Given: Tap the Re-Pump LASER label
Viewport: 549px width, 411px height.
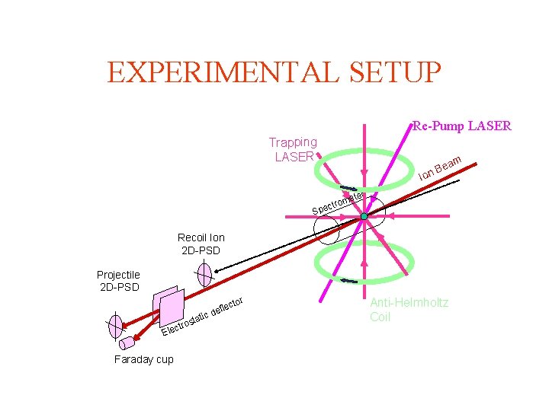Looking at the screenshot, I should pos(462,126).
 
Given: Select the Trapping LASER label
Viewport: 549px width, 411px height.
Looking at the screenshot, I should pos(293,149).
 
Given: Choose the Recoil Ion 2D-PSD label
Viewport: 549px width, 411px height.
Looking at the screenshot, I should pos(201,244).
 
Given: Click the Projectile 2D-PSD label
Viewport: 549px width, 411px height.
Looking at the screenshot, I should pos(118,281).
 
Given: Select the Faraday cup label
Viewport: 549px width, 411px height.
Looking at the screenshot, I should pos(143,359).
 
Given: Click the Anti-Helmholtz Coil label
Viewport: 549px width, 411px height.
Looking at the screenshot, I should pos(409,310).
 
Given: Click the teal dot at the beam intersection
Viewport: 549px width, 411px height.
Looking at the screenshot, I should pos(364,218).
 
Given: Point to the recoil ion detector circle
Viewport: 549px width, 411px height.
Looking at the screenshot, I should pos(204,274).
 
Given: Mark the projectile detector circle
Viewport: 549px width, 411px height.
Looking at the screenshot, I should pos(115,325).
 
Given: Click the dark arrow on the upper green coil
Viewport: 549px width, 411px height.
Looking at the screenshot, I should pos(348,189).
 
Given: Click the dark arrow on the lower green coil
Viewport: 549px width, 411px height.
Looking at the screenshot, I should pos(348,280).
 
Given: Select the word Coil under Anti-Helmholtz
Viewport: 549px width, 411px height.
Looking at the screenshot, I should pos(380,317).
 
